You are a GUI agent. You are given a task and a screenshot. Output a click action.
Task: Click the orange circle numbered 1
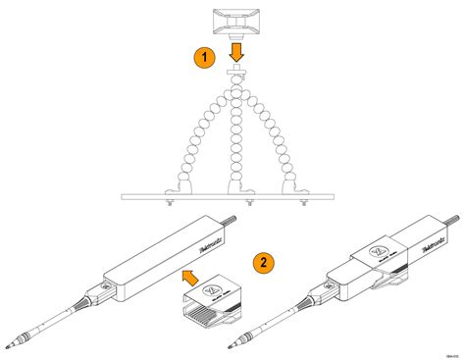pos(203,58)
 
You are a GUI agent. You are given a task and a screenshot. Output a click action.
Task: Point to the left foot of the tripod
pos(176,186)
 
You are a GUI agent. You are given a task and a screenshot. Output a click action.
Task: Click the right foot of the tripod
pos(290,186)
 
